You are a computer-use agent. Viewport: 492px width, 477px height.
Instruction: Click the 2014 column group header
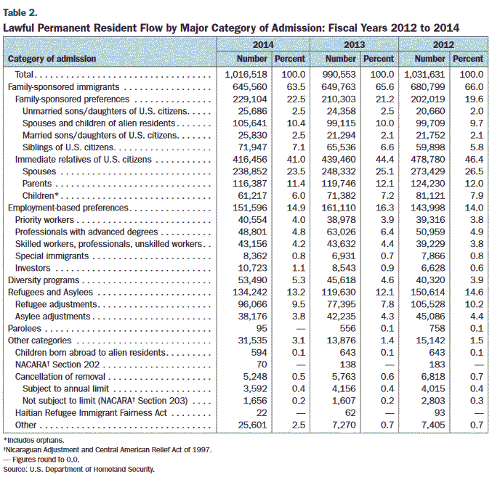[x=263, y=45]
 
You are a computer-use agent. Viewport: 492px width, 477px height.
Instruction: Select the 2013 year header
[x=354, y=45]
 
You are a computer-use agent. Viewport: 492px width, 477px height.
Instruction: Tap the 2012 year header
[x=443, y=45]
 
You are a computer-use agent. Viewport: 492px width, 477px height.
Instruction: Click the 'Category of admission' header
[x=52, y=59]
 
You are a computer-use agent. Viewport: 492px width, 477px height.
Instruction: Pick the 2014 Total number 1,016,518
[x=246, y=75]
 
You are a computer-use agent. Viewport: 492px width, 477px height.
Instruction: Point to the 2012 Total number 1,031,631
[x=424, y=75]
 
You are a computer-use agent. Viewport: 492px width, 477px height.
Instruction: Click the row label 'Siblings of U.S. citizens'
[x=68, y=147]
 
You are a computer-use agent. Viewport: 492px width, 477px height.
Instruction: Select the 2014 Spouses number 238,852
[x=250, y=171]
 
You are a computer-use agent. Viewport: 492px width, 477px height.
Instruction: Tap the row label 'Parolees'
[x=25, y=328]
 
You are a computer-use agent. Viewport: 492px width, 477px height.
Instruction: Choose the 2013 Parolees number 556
[x=347, y=328]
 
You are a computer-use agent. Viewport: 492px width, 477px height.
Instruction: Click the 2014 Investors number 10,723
[x=252, y=268]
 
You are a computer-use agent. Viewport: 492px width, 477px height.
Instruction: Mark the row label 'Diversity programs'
[x=44, y=280]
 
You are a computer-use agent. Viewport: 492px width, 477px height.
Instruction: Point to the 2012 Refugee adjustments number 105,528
[x=428, y=304]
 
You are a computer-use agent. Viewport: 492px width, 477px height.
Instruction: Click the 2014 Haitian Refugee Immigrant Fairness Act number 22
[x=262, y=413]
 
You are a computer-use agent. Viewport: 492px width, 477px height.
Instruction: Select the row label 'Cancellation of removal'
[x=60, y=377]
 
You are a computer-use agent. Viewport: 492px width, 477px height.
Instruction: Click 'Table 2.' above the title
[x=20, y=12]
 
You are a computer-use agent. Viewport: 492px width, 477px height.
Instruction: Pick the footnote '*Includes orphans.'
[x=34, y=440]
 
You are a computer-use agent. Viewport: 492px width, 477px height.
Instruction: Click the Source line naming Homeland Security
[x=79, y=470]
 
